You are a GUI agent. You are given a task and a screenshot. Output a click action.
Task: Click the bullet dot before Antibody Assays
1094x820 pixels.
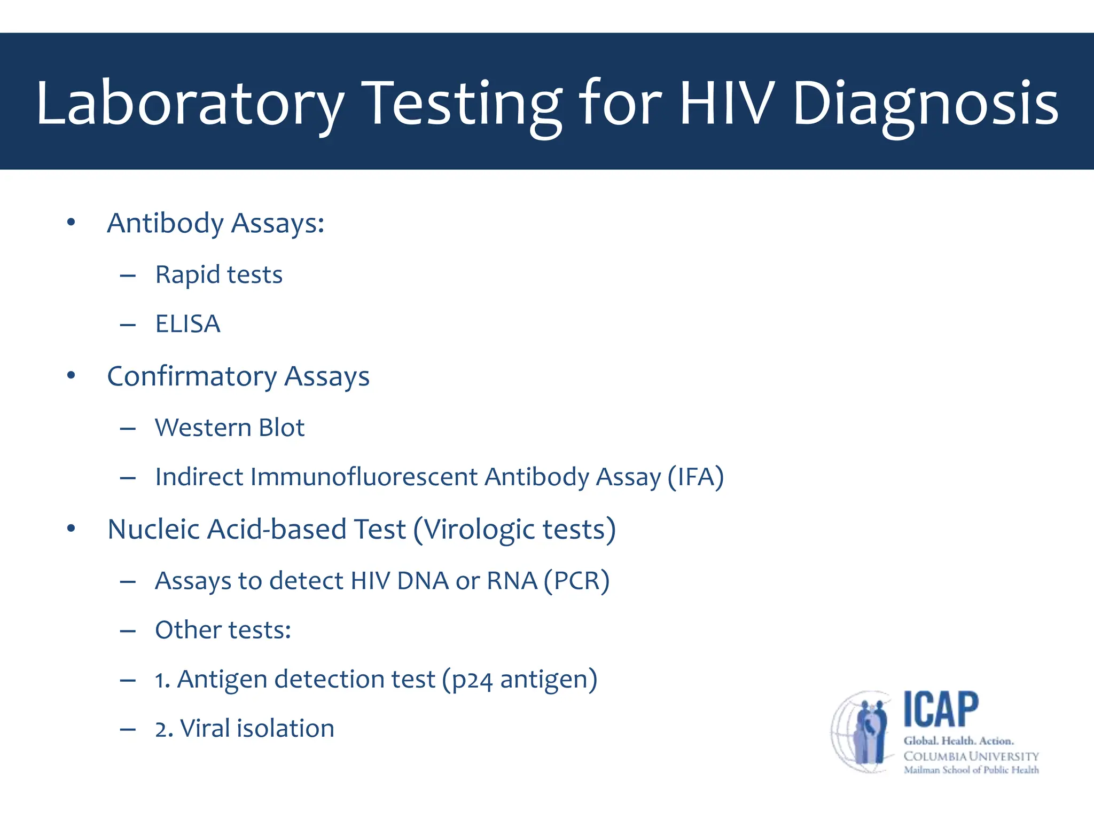coord(71,223)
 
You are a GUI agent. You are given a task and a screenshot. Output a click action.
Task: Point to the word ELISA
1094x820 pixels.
coord(187,324)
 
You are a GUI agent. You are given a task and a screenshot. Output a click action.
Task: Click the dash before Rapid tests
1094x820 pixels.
coord(128,276)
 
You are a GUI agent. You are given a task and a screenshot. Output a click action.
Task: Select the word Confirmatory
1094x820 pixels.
coord(192,377)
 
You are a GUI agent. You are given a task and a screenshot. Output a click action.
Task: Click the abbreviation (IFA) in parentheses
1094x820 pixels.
coord(696,477)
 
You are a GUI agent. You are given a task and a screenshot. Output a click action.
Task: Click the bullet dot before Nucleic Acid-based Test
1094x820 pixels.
coord(71,529)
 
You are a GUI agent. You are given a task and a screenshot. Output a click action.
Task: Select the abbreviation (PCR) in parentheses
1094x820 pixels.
coord(576,581)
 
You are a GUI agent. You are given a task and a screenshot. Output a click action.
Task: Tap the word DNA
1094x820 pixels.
coord(423,581)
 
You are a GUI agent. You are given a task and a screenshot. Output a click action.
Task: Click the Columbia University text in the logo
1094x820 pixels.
coord(971,756)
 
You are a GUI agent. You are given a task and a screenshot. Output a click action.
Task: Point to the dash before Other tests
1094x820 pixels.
coord(128,631)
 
